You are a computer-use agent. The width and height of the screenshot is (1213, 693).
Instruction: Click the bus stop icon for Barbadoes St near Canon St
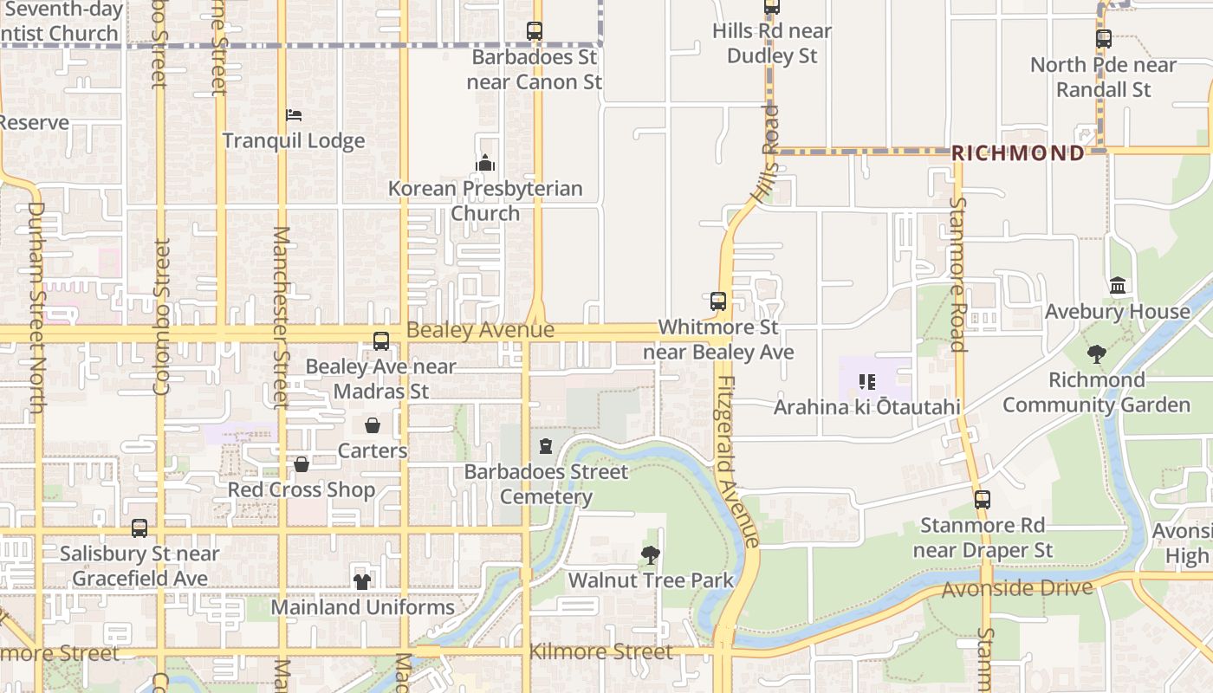(x=535, y=31)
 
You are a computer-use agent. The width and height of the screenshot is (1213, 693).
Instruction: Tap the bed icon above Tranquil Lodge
(x=294, y=115)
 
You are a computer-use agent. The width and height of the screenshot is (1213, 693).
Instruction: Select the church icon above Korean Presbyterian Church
(x=485, y=163)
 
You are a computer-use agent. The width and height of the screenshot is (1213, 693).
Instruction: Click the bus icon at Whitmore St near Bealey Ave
(x=718, y=301)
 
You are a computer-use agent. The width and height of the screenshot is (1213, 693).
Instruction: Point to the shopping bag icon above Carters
(x=373, y=425)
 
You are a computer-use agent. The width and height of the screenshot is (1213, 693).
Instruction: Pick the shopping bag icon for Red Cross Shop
(x=302, y=465)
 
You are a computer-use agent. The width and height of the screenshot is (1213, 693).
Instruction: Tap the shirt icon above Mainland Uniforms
(x=362, y=581)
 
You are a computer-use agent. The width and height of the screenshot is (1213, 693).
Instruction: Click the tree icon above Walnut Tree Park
(x=651, y=555)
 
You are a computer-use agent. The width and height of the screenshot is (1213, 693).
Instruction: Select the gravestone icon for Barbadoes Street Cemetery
(x=546, y=446)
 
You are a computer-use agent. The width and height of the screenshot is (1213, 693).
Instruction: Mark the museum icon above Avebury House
(x=1118, y=286)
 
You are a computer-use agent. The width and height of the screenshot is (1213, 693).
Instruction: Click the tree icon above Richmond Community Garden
(x=1096, y=353)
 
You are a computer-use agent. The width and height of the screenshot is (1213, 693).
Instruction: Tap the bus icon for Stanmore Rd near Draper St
(x=983, y=500)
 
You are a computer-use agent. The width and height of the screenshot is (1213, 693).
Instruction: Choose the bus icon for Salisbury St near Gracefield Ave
(x=139, y=528)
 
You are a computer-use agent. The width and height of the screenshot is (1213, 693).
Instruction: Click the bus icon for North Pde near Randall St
(x=1103, y=39)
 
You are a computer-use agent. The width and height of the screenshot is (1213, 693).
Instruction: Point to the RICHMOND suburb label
(x=1018, y=153)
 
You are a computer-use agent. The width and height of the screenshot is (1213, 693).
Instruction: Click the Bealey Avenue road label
(x=480, y=330)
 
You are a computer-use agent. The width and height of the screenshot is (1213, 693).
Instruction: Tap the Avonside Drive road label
(x=1017, y=589)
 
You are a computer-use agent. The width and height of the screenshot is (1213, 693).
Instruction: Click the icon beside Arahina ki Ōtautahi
(x=867, y=382)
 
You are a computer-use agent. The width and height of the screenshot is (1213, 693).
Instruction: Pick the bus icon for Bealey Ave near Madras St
(x=381, y=341)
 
